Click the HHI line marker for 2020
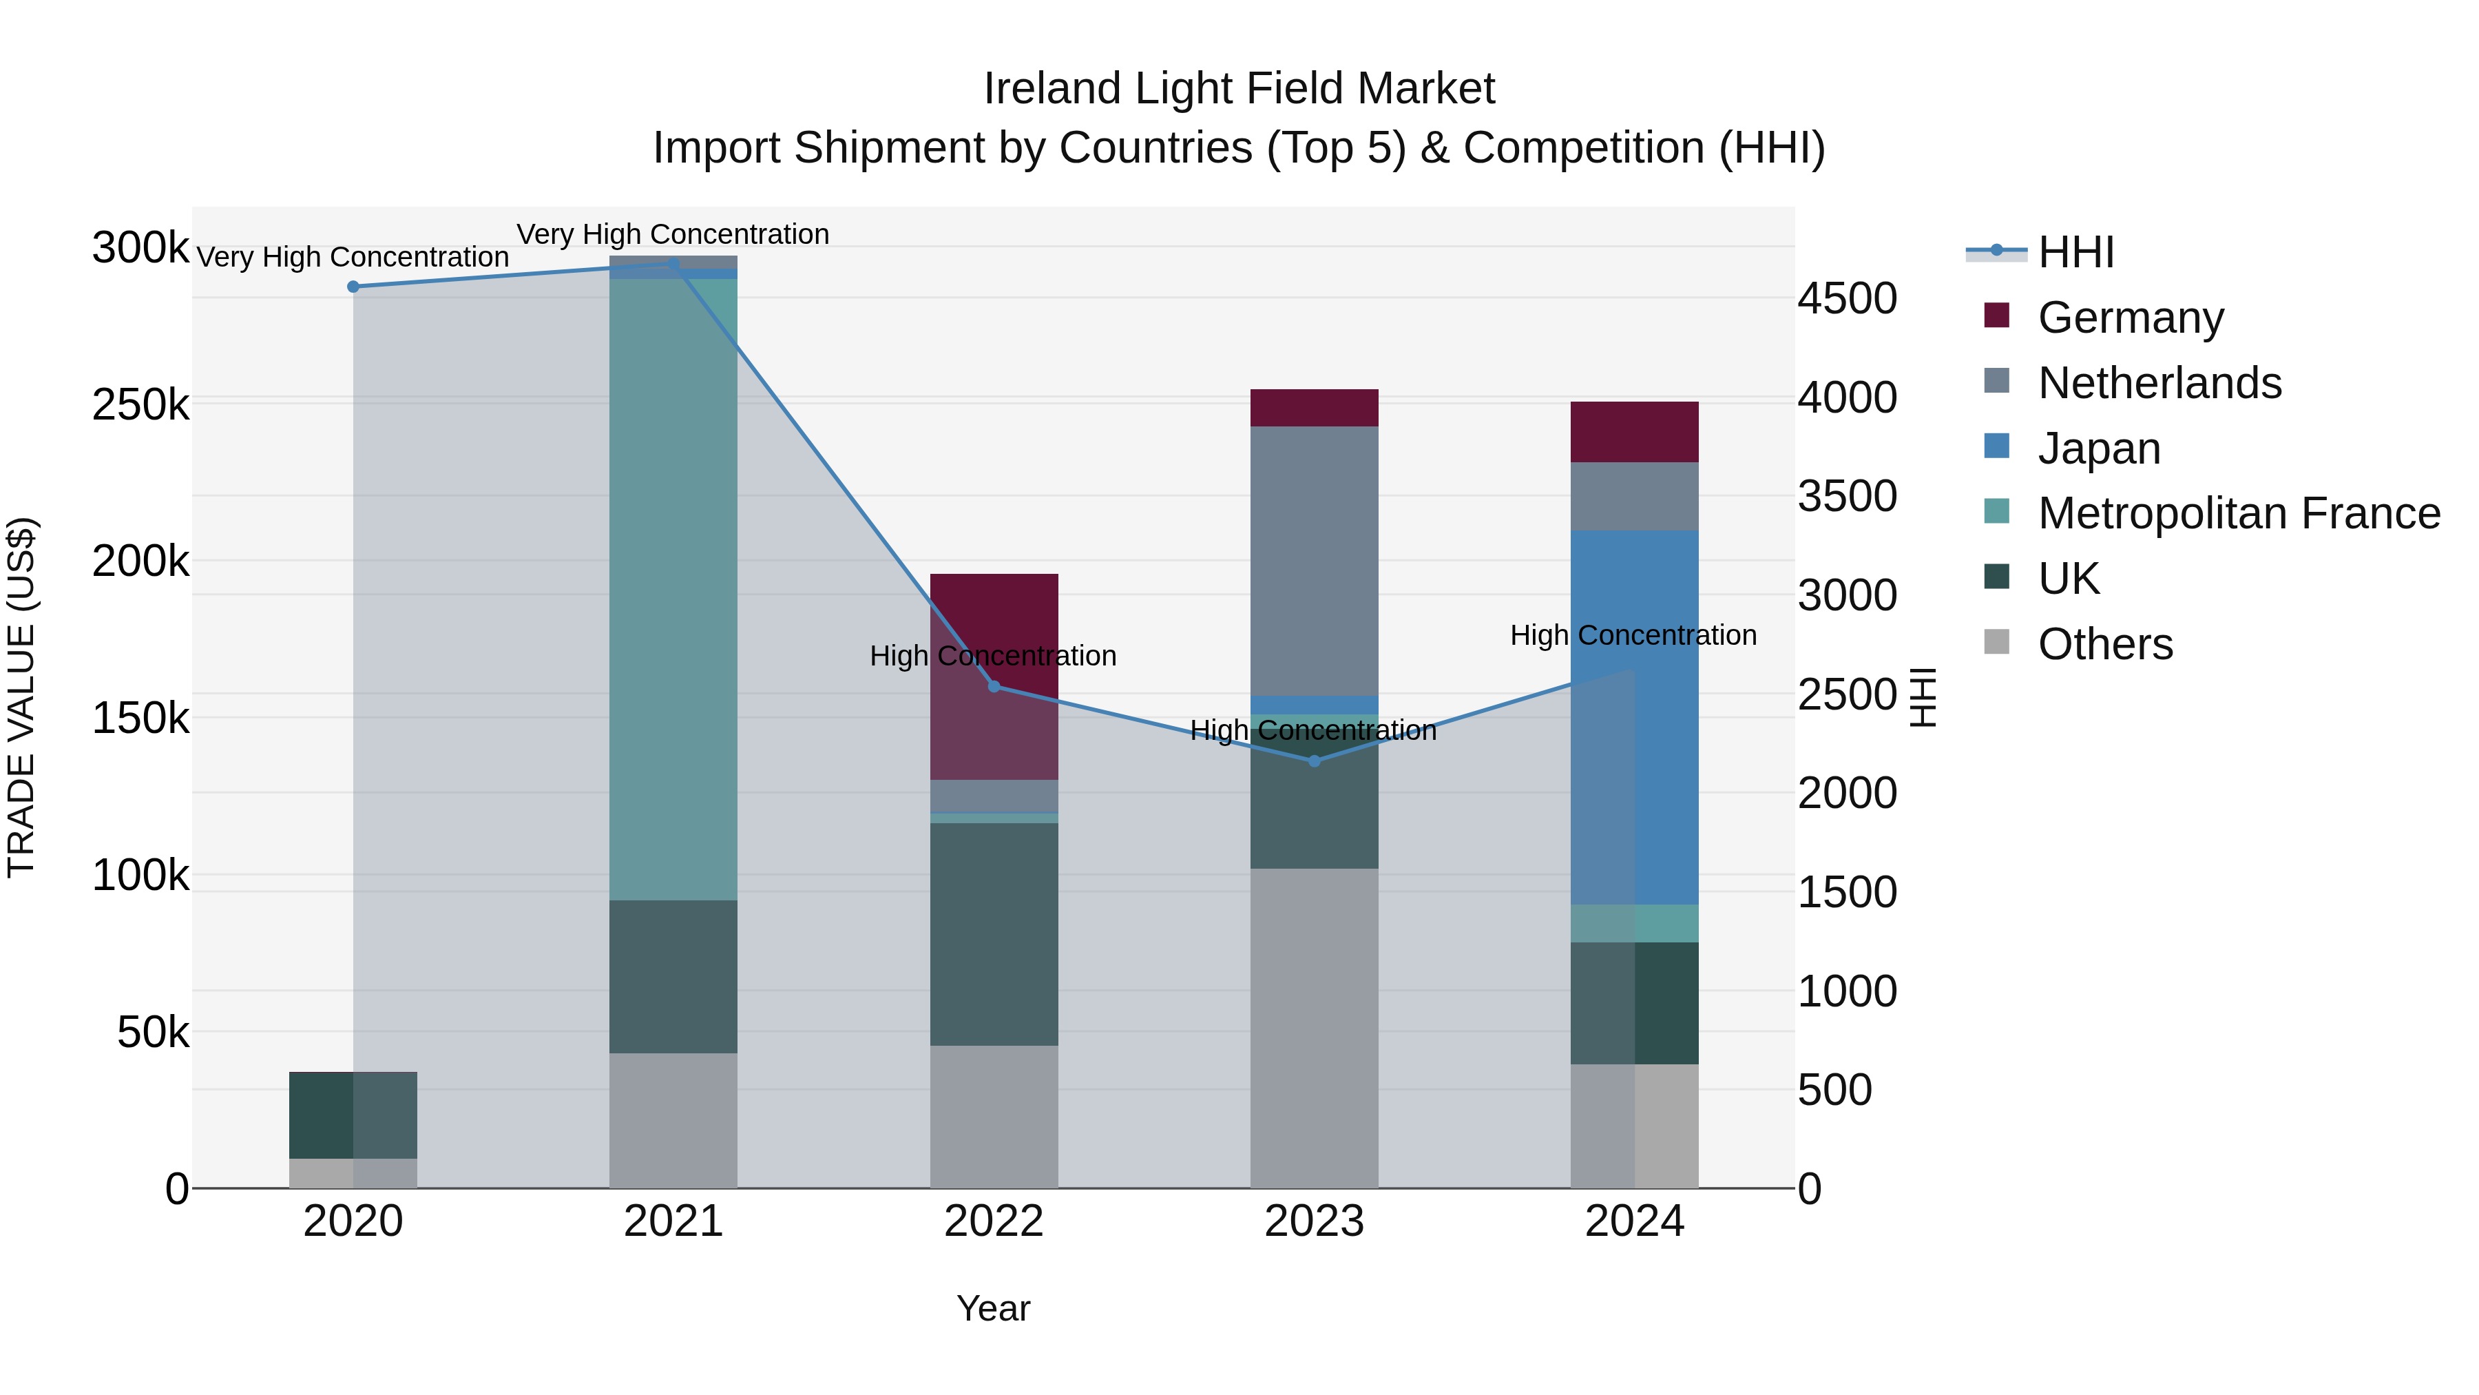(x=353, y=287)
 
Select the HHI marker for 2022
(x=994, y=686)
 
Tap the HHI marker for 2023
(x=1315, y=761)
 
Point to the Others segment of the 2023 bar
(x=1315, y=1027)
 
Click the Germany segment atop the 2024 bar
(x=1634, y=432)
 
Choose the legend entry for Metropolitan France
(x=2239, y=513)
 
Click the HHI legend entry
(x=2075, y=252)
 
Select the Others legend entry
(x=2104, y=644)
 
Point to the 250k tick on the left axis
(x=140, y=405)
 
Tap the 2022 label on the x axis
(x=994, y=1221)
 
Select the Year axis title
(x=993, y=1308)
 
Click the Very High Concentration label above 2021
(x=673, y=234)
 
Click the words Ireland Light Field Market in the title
(x=1239, y=89)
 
